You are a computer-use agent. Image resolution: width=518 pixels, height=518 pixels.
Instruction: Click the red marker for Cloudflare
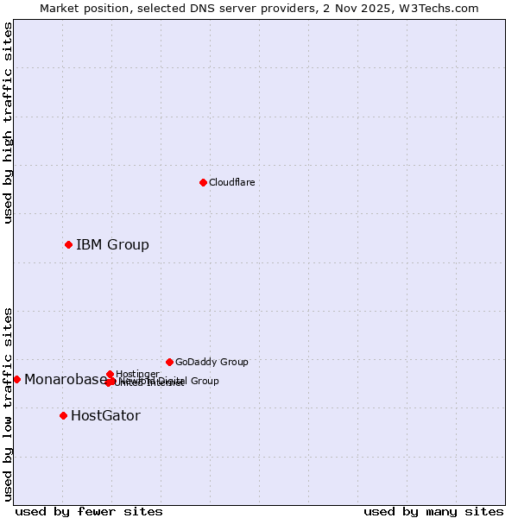203,182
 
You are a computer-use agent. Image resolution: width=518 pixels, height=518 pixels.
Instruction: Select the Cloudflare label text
231,182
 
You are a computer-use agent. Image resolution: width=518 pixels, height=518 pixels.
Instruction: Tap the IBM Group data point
68,244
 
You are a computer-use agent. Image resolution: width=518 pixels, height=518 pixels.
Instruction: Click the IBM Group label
112,244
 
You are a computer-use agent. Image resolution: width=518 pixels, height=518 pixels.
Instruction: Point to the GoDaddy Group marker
169,362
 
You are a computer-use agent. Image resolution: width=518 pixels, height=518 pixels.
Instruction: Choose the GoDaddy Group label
212,362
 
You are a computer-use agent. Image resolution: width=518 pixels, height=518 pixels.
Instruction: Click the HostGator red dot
63,415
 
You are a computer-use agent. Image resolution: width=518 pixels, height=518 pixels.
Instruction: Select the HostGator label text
105,415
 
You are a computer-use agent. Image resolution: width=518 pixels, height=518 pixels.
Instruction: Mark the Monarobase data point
16,379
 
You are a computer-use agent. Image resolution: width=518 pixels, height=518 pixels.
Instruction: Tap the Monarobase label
66,379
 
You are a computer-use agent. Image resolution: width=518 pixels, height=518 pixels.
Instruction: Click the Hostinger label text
137,374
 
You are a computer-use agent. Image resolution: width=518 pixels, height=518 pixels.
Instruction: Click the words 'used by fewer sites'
89,511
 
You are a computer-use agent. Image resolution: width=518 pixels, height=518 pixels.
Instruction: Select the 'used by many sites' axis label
433,511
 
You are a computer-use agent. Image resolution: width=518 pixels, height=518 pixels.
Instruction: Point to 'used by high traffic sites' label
8,123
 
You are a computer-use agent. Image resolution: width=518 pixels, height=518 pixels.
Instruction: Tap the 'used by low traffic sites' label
8,404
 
